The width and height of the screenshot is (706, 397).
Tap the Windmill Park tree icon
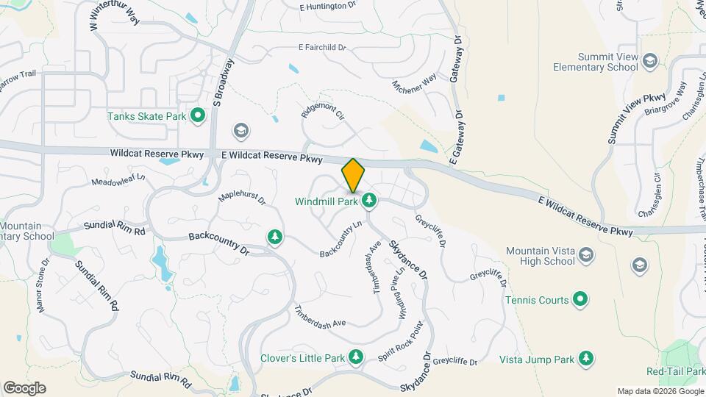[x=369, y=200]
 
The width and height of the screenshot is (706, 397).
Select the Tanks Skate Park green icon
[x=197, y=115]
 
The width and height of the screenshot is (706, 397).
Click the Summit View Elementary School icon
[x=649, y=61]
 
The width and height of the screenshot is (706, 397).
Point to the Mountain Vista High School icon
[x=586, y=256]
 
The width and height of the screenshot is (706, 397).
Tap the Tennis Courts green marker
[x=580, y=299]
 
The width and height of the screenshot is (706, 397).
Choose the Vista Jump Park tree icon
[x=586, y=359]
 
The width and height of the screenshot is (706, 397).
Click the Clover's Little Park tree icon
[x=356, y=358]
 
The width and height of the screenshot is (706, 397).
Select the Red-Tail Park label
[x=676, y=372]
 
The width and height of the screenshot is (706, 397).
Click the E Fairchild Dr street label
[x=322, y=47]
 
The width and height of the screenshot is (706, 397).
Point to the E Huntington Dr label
[x=328, y=7]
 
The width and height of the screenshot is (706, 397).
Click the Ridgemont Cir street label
[x=323, y=110]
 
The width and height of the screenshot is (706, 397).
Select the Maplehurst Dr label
[x=242, y=198]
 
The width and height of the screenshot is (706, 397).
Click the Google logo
[x=24, y=388]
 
